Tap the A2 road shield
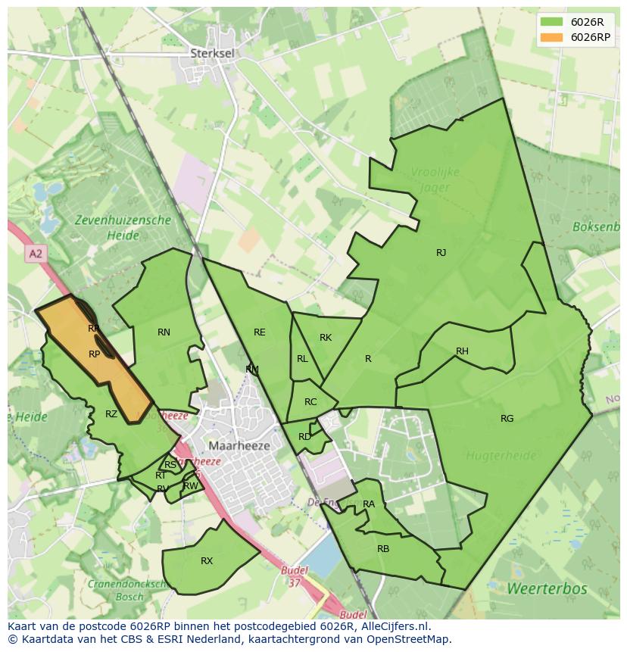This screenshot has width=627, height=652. pos(36,254)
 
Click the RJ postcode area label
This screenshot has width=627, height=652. pos(441,253)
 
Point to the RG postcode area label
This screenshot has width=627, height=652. pos(507,419)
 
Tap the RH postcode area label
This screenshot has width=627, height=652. pos(462,351)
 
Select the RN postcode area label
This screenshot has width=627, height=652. pos(164,332)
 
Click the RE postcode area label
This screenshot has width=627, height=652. pos(260,332)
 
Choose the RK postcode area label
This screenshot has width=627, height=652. pos(326,338)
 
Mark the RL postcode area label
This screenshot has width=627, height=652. pos(302,359)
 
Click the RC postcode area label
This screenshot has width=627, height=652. pos(310,402)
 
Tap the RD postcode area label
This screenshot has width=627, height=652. pos(304,437)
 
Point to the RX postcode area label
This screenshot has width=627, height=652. pos(207,561)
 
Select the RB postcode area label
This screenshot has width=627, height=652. pos(383,548)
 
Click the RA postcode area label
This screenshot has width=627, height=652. pos(369,504)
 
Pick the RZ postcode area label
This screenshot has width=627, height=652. pos(111,414)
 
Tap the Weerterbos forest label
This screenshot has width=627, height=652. pos(536,588)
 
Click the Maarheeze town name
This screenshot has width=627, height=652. pos(239,446)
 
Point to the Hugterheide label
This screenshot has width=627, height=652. pos(501,456)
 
